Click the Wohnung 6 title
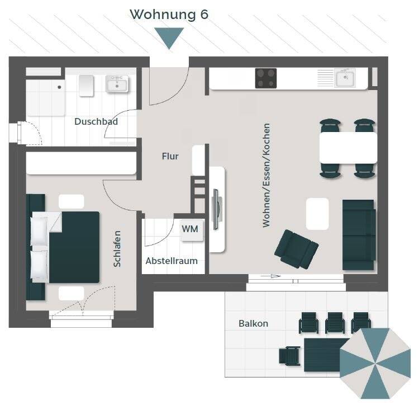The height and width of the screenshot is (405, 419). point(169,15)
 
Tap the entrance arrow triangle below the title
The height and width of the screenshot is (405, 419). point(169,37)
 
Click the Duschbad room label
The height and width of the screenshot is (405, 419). point(96,121)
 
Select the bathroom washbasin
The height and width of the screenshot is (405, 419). point(117,84)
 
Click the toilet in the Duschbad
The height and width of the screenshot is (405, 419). point(86,86)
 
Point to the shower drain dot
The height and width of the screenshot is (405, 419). point(59,87)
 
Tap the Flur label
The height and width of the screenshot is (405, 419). point(170,156)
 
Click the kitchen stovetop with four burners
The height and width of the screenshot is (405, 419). point(265,78)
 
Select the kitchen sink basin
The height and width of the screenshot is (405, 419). point(345,78)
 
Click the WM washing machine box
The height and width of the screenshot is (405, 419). point(191,230)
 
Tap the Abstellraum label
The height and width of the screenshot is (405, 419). point(172,261)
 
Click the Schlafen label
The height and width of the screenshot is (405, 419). point(117,249)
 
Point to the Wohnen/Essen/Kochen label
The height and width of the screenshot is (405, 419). point(266,175)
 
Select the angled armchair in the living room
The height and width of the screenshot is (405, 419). point(296,249)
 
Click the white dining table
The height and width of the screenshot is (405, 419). point(348,148)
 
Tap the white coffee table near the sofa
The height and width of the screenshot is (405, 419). point(317,214)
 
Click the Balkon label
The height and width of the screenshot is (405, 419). point(253,323)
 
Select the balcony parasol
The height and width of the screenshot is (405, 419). point(375,363)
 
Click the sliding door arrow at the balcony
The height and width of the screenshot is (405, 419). point(270,276)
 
